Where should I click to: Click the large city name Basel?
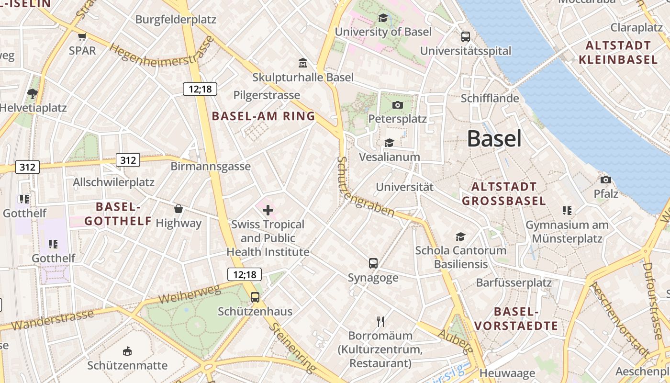pos(494,139)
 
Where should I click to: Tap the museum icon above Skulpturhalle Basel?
pos(303,63)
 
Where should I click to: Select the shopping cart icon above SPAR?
pos(82,36)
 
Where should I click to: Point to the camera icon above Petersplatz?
pos(397,105)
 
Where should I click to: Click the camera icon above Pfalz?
pos(606,180)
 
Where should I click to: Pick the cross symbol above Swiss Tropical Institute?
pos(268,210)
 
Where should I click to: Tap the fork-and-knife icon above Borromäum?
pos(380,321)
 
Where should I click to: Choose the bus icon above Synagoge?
pos(373,263)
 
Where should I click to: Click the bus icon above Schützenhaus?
pos(255,297)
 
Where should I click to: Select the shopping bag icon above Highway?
pos(179,209)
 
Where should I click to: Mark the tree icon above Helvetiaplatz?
pos(33,93)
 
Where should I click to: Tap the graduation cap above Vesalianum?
pos(389,143)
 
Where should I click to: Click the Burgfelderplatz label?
pos(176,20)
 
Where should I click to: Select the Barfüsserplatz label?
pos(514,282)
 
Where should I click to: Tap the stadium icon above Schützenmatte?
pos(127,351)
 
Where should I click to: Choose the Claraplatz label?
pos(636,27)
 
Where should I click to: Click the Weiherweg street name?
pos(189,293)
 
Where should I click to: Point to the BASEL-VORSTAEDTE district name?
pos(516,319)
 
